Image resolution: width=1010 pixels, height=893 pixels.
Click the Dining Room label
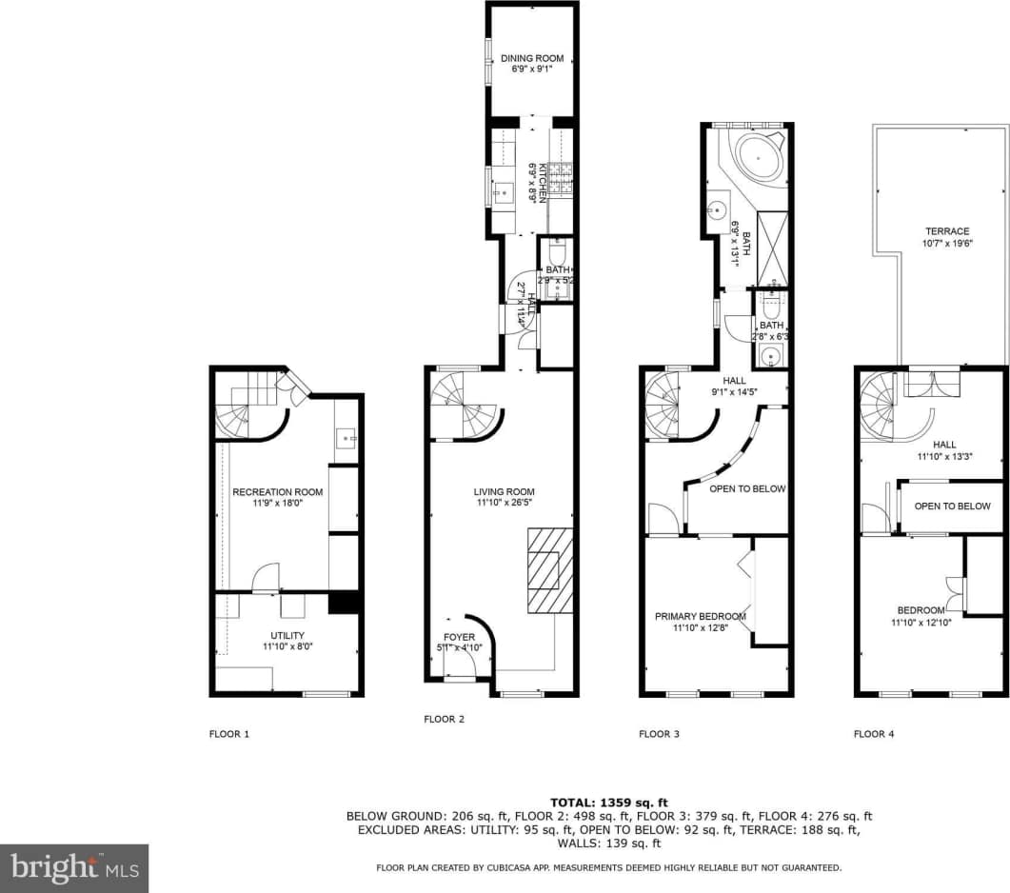coord(531,59)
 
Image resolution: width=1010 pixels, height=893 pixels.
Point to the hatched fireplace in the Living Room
coord(551,571)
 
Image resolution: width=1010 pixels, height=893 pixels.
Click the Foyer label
coord(458,637)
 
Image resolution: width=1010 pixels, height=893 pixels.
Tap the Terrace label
coord(947,231)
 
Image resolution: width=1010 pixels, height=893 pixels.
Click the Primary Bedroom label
coord(699,616)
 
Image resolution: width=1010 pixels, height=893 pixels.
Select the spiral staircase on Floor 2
coord(464,406)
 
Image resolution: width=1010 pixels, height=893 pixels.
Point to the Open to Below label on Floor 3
coord(747,488)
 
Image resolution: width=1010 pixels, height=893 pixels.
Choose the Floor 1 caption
coord(229,734)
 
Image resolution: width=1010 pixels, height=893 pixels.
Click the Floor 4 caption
coord(873,734)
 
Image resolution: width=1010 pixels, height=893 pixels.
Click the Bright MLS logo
coord(75,868)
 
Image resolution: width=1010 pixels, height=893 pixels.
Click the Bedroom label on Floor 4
coord(921,610)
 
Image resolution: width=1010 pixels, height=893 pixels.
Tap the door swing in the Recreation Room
coord(266,577)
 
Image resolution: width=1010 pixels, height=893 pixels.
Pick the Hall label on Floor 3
coord(734,381)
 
